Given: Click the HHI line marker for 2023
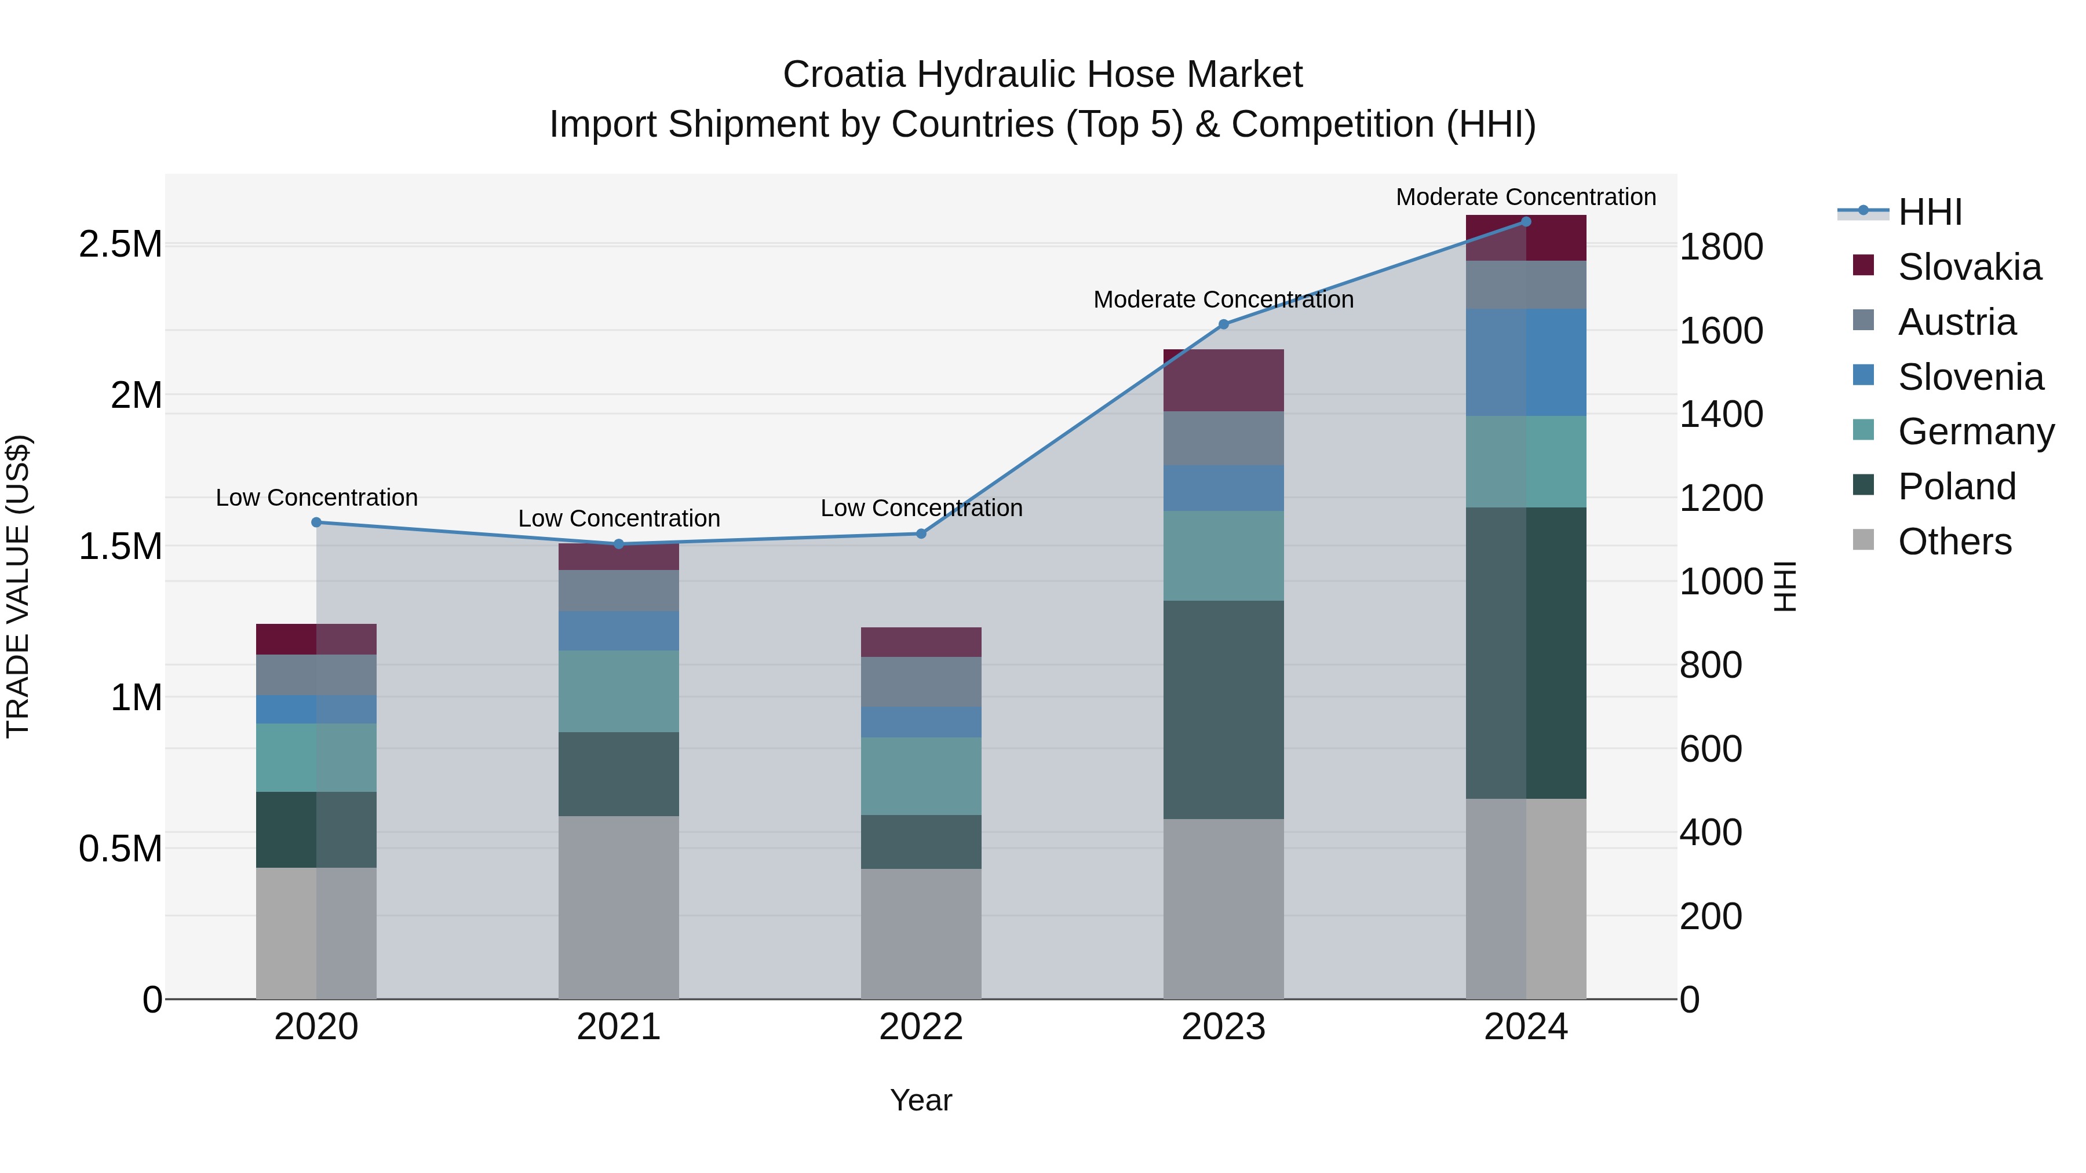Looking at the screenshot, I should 1224,324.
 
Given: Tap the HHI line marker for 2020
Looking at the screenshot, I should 316,522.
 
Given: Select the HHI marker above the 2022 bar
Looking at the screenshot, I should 921,533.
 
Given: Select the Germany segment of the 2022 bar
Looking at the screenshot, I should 921,776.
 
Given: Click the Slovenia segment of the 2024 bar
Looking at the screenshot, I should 1526,362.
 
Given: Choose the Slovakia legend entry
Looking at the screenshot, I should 1970,267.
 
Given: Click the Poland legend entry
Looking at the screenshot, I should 1956,487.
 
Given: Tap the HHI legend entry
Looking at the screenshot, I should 1929,212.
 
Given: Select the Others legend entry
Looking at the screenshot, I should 1954,542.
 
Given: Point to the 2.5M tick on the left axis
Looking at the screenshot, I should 120,244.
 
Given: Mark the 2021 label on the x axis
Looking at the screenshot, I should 619,1027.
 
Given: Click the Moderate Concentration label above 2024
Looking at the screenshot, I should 1526,197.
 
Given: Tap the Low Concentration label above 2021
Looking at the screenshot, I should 619,518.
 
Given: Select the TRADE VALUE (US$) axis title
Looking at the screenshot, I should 18,586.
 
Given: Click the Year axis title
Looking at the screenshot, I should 921,1100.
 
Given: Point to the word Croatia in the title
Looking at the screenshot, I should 843,75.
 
